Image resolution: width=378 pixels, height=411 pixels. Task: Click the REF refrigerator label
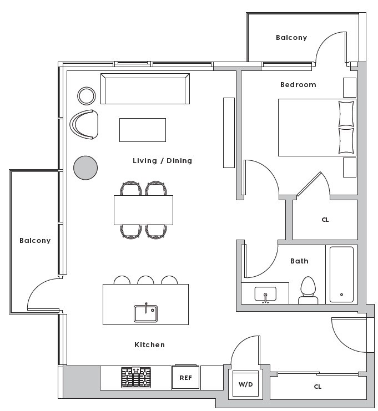(185, 378)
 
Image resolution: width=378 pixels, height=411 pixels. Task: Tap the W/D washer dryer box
(245, 384)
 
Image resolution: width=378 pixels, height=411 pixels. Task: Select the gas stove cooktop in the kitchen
(136, 378)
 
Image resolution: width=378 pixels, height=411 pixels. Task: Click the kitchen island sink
(145, 313)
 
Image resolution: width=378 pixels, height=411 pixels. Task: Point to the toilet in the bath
(308, 291)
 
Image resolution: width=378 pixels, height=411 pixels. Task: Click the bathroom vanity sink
(265, 294)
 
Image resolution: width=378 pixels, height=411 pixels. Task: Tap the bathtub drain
(341, 295)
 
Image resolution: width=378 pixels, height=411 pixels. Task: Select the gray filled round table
(85, 168)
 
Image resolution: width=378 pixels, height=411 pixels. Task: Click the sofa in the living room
(145, 89)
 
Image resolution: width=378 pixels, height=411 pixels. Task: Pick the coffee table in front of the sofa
(143, 130)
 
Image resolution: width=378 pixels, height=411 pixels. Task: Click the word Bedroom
(298, 85)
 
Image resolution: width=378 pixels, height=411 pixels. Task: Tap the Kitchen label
(149, 344)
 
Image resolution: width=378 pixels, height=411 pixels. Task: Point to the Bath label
(299, 261)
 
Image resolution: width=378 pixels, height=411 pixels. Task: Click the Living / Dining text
(163, 161)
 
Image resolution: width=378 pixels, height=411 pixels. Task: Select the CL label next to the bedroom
(325, 220)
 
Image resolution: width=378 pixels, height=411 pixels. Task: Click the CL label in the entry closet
(317, 387)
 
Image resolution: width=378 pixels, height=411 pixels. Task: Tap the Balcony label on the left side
(35, 241)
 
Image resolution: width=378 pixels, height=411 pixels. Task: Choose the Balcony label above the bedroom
(291, 38)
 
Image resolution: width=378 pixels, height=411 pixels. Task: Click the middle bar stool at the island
(145, 280)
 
